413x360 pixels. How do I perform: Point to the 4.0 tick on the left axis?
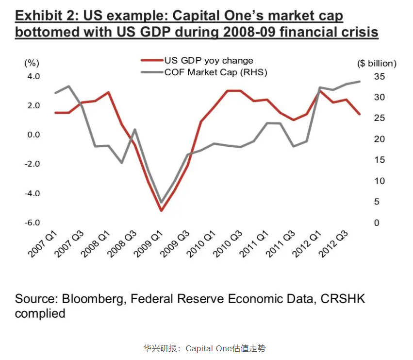coord(33,77)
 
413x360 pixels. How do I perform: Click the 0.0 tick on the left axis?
coord(33,135)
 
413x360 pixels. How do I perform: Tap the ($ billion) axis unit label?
coord(377,63)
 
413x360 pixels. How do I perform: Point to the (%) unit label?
coord(32,63)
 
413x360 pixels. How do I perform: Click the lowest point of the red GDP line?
coord(161,210)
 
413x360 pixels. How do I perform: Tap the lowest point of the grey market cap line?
coord(161,202)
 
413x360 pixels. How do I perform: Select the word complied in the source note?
coord(40,313)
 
